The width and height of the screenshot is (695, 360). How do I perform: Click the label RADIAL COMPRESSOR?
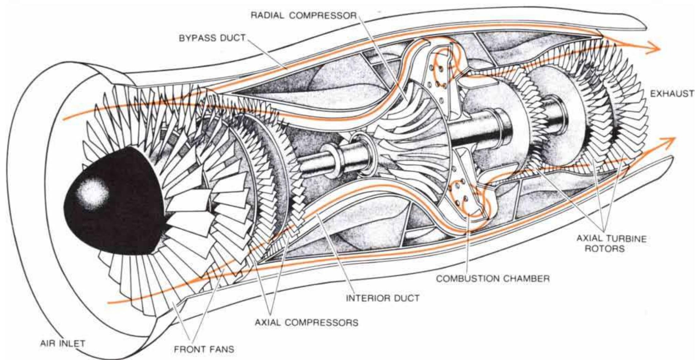pos(304,16)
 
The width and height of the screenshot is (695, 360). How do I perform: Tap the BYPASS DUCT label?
pos(212,38)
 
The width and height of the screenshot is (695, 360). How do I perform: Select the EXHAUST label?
pos(672,95)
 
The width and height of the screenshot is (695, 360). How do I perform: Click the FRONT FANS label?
pos(204,349)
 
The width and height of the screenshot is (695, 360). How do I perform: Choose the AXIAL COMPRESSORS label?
pos(307,322)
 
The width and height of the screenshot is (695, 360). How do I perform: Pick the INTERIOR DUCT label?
pos(383,298)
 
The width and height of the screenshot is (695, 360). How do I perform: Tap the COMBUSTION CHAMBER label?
pos(493,278)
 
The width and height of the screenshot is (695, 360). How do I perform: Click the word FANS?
pos(222,349)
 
